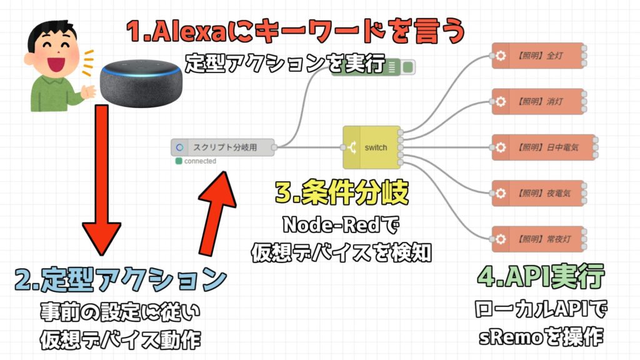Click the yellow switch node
[x=369, y=147]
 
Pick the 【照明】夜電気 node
[x=537, y=193]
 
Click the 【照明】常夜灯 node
[x=537, y=239]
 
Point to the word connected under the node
[x=200, y=161]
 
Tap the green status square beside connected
[x=179, y=161]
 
